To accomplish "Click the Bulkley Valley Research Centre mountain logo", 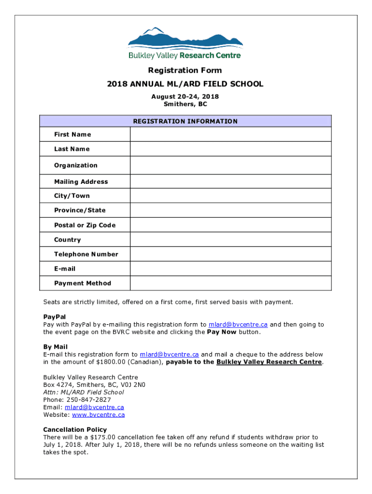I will click(x=185, y=43).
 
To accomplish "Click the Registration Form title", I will click(x=185, y=70).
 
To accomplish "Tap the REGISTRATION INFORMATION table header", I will click(x=185, y=121).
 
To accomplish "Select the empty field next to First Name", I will click(x=230, y=134).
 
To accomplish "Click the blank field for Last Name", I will click(x=230, y=149).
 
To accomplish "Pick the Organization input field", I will click(x=230, y=165).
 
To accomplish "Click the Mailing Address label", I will click(x=81, y=182).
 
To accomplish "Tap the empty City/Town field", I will click(x=230, y=196).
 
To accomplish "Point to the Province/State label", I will click(x=80, y=210).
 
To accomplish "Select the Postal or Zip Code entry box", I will click(x=230, y=225).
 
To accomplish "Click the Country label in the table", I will click(x=67, y=240).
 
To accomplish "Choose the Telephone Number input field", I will click(x=230, y=254).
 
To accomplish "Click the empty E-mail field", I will click(x=230, y=269).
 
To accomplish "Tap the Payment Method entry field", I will click(x=230, y=283).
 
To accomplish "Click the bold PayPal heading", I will click(x=54, y=317).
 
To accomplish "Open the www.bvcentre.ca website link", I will click(x=98, y=414).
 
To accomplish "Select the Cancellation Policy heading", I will click(x=75, y=429).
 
